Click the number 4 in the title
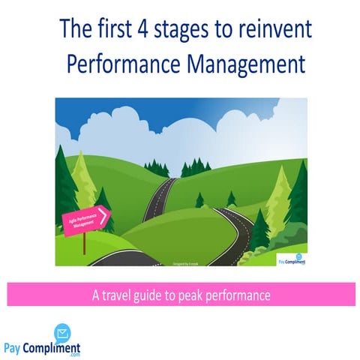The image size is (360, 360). coord(142,29)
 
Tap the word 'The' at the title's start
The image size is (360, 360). coord(75,29)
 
